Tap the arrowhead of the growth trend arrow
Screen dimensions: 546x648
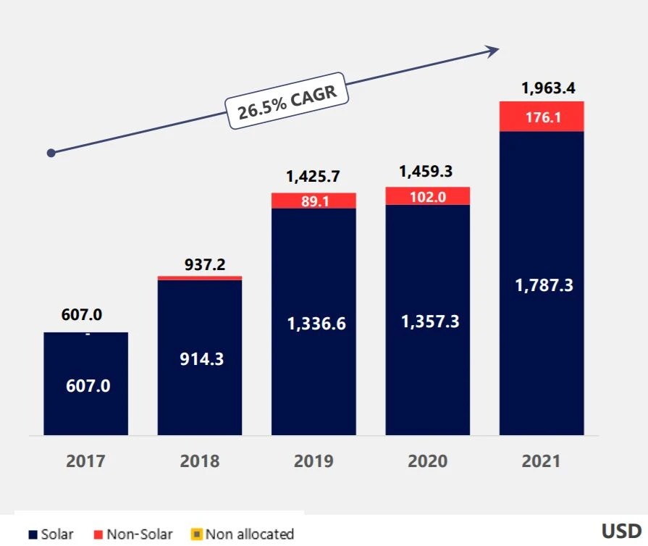click(x=493, y=50)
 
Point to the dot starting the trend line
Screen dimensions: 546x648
click(x=51, y=153)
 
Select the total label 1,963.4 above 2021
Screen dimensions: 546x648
click(x=548, y=90)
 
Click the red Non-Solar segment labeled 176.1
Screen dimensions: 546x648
click(x=542, y=117)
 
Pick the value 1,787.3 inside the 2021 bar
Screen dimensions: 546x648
click(x=543, y=285)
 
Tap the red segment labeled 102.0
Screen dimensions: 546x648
click(x=427, y=196)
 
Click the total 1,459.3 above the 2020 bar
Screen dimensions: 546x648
click(x=428, y=172)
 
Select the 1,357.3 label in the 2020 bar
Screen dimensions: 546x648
click(x=430, y=322)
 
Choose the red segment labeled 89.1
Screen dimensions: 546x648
click(x=314, y=201)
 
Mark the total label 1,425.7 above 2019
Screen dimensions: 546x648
click(x=313, y=176)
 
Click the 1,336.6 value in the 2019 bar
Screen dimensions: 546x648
click(x=316, y=324)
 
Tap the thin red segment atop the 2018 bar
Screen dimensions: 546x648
click(x=200, y=277)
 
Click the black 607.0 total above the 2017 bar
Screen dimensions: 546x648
click(x=82, y=315)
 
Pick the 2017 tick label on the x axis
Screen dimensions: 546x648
click(x=85, y=461)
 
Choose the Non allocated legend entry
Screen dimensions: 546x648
click(x=243, y=534)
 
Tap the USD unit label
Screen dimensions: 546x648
click(x=621, y=531)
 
